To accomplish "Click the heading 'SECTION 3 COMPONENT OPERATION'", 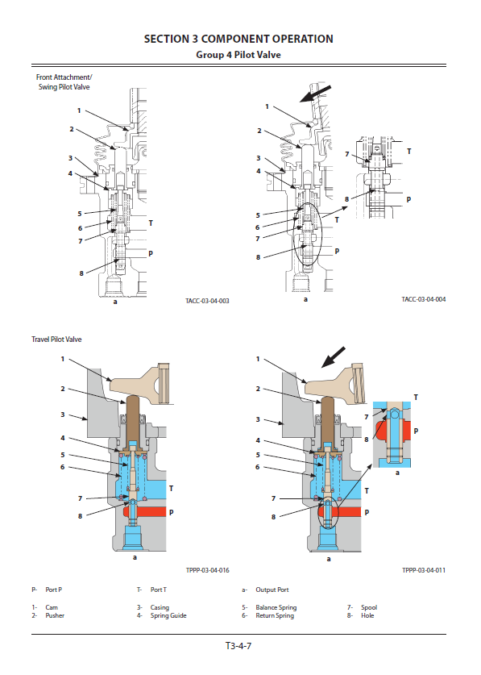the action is click(x=238, y=40).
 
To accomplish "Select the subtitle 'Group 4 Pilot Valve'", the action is click(x=238, y=55).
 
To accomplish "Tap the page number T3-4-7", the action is click(x=238, y=646).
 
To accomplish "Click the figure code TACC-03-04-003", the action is click(x=207, y=301).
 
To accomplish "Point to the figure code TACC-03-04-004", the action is click(x=424, y=299).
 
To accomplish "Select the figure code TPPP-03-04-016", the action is click(x=207, y=570).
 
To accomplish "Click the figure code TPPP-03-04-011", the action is click(x=424, y=570).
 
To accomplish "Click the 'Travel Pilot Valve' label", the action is click(x=56, y=340).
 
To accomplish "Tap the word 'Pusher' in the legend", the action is click(x=55, y=615).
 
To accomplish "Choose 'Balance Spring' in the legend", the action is click(x=276, y=607).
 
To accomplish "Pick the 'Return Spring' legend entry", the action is click(x=275, y=615).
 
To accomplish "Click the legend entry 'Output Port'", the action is click(x=272, y=590).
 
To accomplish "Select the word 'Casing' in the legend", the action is click(x=160, y=607).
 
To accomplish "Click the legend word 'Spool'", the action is click(x=369, y=607).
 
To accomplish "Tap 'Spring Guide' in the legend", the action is click(x=168, y=615).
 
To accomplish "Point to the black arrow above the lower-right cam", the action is click(x=334, y=357).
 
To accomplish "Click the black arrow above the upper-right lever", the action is click(x=315, y=94).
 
